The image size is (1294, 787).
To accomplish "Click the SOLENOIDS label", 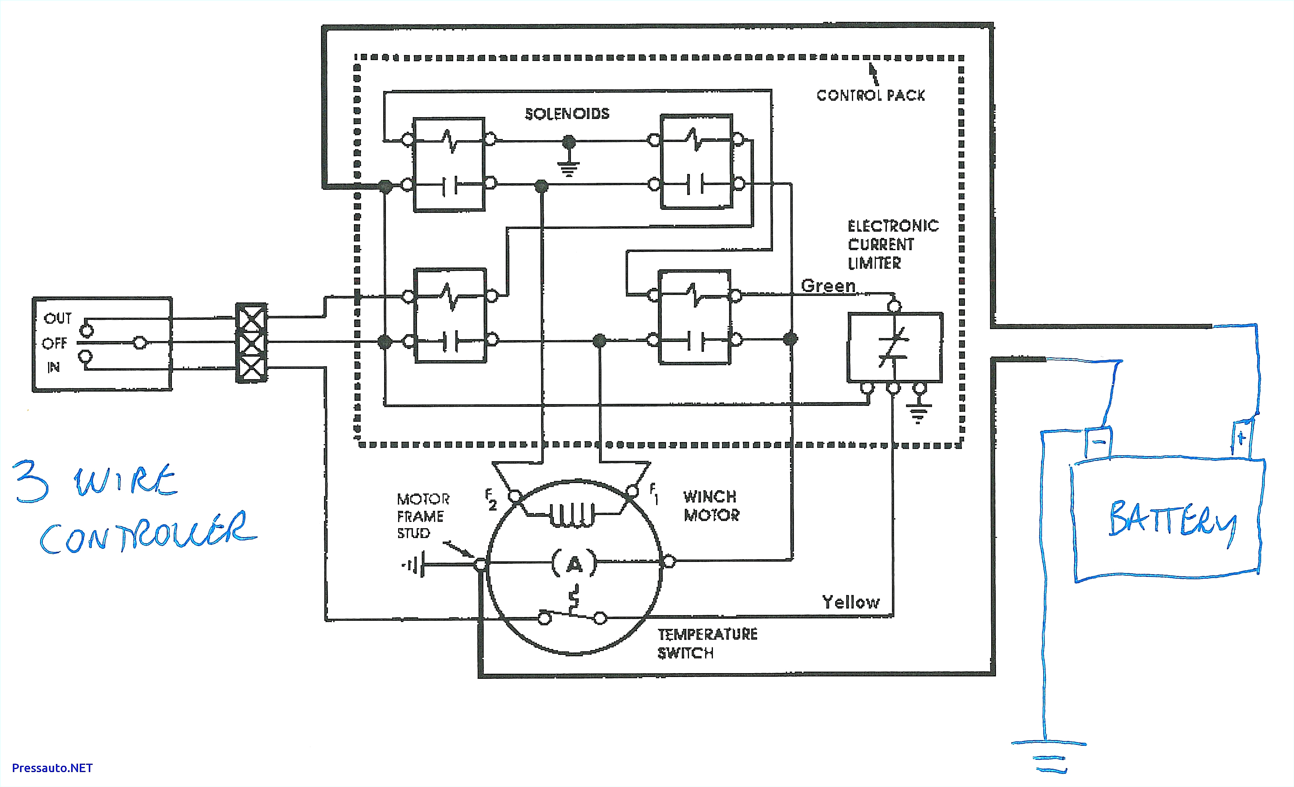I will click(567, 114).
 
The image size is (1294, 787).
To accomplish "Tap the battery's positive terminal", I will click(1241, 437).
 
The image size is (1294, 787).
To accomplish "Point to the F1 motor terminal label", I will click(653, 493).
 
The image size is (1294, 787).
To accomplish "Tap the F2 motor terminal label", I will click(491, 499).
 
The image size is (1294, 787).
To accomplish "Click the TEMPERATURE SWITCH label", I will click(707, 644).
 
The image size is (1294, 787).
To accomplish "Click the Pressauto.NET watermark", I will click(52, 768).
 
